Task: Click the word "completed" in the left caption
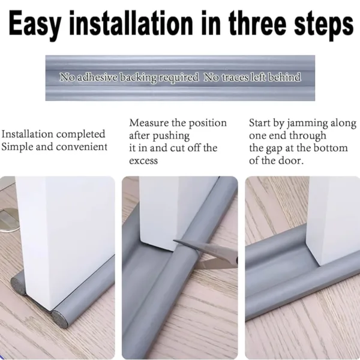(80, 134)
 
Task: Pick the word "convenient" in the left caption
(82, 147)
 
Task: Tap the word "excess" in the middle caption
(144, 161)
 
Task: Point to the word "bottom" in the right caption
(329, 148)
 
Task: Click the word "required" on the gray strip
(178, 77)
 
